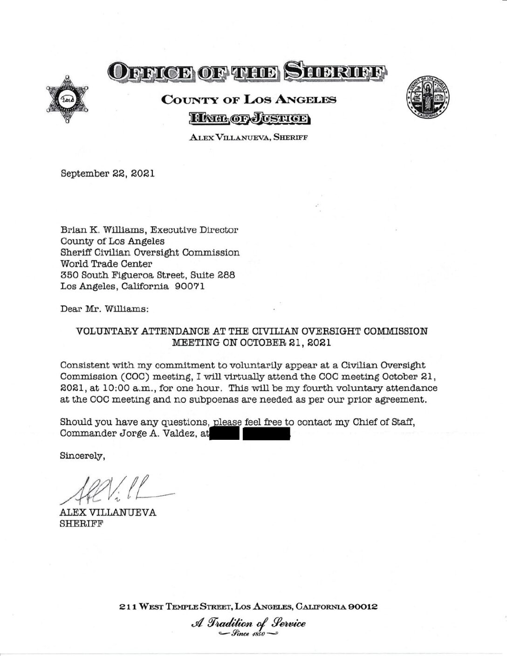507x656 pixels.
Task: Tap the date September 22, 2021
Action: point(108,173)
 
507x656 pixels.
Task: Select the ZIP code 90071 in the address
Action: point(189,287)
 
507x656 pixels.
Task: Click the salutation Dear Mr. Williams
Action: point(105,309)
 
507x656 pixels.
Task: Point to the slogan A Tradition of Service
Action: point(248,623)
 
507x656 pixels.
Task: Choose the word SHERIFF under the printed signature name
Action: point(82,524)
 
